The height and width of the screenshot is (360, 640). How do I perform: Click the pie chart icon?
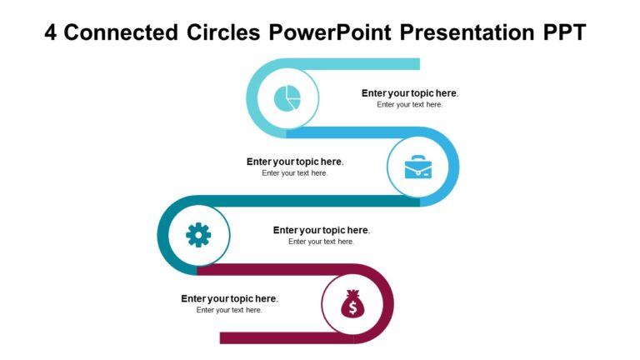(287, 99)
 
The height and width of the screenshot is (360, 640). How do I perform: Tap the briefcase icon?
(419, 167)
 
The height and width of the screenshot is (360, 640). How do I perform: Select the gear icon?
(198, 236)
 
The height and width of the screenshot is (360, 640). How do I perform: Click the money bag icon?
(352, 305)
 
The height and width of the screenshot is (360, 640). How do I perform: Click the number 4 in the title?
(50, 32)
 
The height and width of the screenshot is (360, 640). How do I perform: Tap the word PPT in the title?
(563, 32)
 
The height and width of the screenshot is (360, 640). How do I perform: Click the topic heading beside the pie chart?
(409, 93)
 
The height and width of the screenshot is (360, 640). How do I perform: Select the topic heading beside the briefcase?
(294, 162)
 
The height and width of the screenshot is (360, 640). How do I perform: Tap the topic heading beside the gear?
(321, 230)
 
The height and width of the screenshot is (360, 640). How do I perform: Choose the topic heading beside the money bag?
(229, 298)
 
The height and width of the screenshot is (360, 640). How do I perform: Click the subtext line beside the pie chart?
(409, 105)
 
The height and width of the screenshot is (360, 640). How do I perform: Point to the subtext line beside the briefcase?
(294, 173)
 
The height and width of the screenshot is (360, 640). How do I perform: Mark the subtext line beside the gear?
(321, 242)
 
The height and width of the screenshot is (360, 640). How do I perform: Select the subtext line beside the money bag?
(229, 310)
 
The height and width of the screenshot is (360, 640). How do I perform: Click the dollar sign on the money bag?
(352, 309)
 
